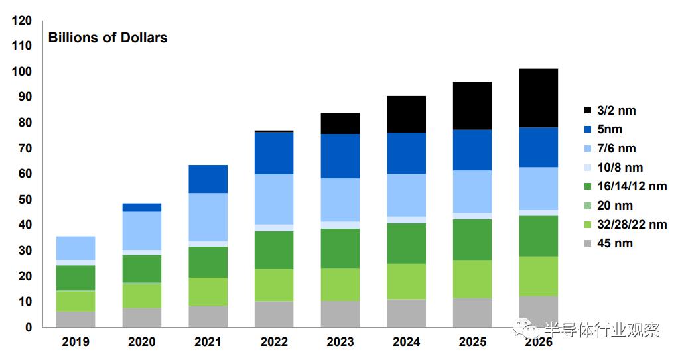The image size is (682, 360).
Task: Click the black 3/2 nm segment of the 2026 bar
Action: (538, 98)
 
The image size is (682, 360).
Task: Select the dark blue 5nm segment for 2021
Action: (208, 179)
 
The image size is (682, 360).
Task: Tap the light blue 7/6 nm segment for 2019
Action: (75, 248)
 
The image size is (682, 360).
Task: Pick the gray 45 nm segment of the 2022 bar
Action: (274, 314)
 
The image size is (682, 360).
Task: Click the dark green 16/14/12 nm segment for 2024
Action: (406, 243)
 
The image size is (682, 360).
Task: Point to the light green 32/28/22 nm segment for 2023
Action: (340, 284)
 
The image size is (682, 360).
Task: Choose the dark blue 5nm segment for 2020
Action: (141, 208)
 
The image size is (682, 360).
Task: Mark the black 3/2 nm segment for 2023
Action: (340, 123)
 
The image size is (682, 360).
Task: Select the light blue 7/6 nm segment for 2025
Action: (472, 192)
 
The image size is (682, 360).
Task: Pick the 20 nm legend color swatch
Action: (588, 206)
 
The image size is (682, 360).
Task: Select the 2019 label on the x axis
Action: (75, 342)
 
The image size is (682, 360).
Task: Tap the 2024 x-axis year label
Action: (406, 342)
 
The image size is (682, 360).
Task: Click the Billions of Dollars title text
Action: (107, 38)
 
